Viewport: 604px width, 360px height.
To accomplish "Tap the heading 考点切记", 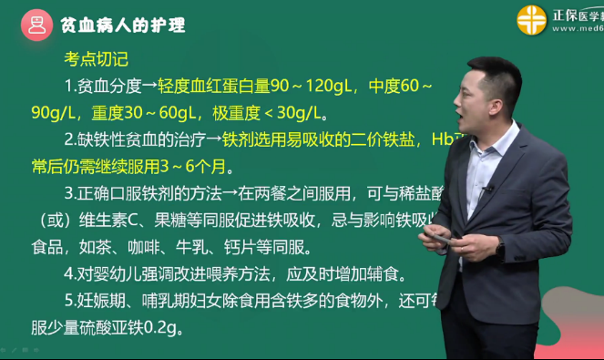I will (96, 61).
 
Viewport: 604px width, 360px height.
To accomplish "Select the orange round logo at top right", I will (532, 19).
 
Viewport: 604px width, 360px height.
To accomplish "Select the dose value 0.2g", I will (164, 327).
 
